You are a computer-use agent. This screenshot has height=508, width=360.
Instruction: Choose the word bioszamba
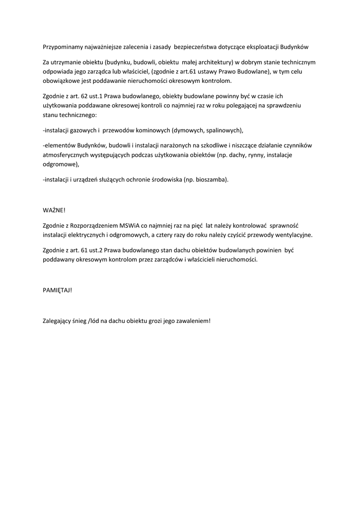pyautogui.click(x=212, y=180)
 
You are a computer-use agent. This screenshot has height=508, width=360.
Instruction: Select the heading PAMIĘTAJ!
pyautogui.click(x=58, y=290)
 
